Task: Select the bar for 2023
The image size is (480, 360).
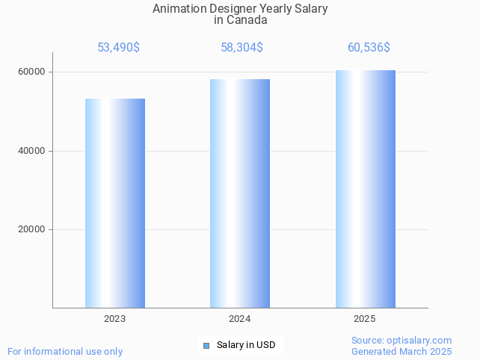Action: point(114,203)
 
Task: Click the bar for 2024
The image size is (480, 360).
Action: point(239,193)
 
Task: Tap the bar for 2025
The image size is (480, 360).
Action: point(365,189)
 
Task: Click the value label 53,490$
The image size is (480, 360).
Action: point(118,48)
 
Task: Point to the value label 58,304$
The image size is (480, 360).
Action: point(241,48)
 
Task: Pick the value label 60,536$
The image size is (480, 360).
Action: point(369,48)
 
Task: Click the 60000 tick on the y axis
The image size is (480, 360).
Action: point(32,72)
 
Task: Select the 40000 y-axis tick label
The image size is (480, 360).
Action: point(32,151)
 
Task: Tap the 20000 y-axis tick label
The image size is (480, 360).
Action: point(32,230)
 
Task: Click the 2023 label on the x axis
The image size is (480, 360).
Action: point(114,319)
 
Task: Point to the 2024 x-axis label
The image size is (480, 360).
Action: point(239,319)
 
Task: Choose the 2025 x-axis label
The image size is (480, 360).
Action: point(364,319)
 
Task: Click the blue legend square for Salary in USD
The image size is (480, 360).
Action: point(206,345)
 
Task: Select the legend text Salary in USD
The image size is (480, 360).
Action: point(246,345)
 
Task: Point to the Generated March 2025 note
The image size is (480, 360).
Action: point(401,351)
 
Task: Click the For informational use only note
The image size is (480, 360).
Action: point(65,351)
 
